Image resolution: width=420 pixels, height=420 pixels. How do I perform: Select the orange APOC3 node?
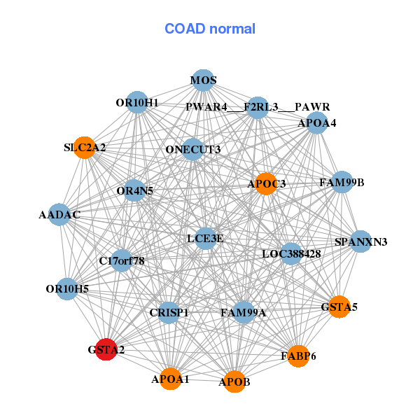266,183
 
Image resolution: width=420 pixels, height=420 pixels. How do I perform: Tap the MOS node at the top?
203,80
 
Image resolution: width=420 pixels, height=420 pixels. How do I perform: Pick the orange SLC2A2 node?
85,148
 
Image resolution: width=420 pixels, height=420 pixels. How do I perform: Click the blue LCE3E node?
205,239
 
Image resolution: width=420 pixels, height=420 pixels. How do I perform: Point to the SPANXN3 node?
360,241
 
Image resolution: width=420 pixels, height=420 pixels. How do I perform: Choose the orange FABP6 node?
298,356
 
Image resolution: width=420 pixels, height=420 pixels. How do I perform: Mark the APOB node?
234,381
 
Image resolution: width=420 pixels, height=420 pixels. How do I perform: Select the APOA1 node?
170,379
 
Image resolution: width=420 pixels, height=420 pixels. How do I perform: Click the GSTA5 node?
339,307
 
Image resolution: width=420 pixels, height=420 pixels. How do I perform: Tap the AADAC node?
59,215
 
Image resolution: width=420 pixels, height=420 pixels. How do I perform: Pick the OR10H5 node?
67,288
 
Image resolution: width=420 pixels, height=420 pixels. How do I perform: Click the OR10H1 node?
137,103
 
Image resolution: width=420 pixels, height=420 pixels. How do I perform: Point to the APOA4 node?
317,123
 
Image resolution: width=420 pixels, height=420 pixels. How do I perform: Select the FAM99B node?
342,183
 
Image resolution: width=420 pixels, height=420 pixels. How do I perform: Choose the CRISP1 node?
169,312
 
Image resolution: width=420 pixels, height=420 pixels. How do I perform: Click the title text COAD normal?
210,29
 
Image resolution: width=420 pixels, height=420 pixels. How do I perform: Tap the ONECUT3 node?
193,149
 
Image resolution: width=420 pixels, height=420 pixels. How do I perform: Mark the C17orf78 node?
122,261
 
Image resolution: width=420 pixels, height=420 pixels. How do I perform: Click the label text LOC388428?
291,254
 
